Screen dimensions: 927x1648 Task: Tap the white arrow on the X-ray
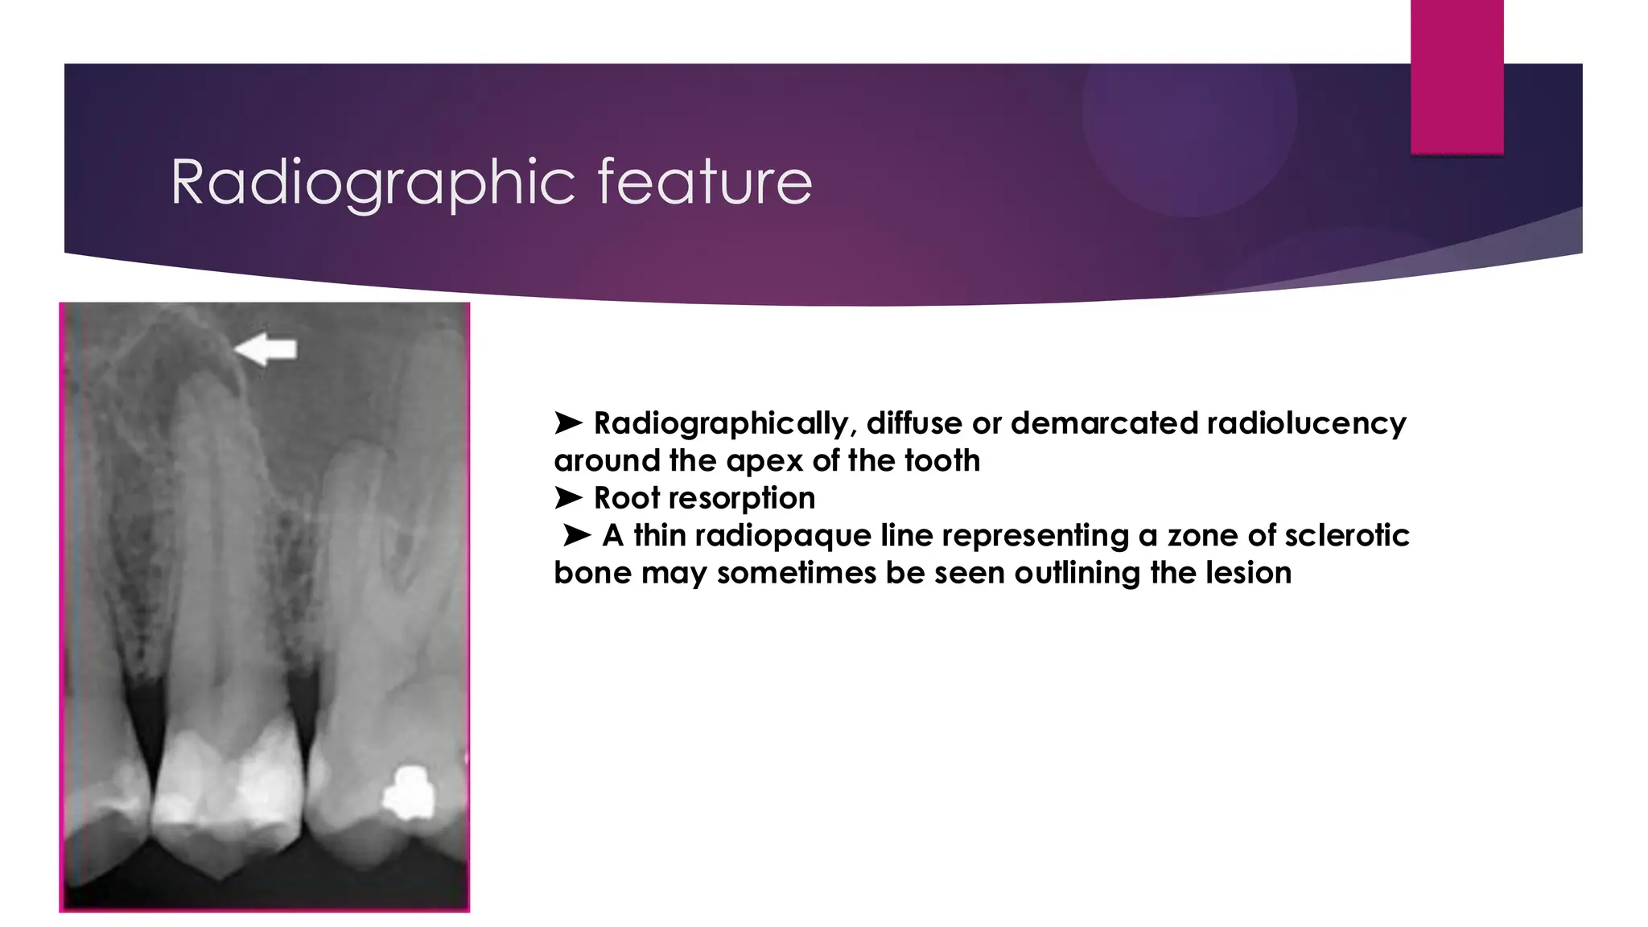[266, 349]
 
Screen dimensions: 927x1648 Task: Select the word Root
[627, 498]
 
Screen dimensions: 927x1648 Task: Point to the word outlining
[1078, 573]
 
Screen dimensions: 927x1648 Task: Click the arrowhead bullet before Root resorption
[568, 498]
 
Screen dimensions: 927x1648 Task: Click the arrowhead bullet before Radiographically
[568, 422]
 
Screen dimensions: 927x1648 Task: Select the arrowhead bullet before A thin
[577, 535]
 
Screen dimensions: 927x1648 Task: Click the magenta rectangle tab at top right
[1456, 77]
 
